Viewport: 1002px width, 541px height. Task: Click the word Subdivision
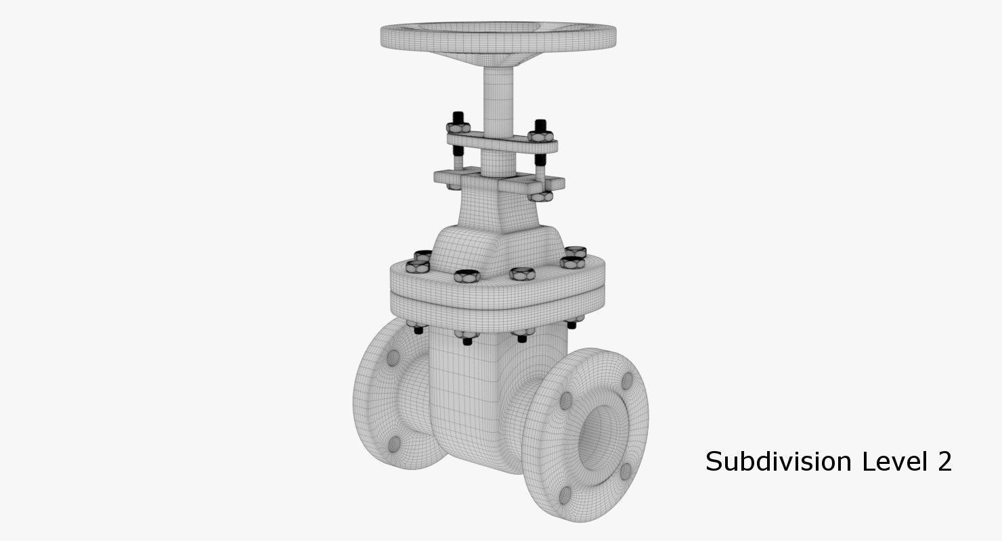(778, 462)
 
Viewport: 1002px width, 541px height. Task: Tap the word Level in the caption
(893, 462)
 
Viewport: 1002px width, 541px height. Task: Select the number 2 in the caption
(944, 462)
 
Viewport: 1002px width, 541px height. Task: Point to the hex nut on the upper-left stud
(458, 126)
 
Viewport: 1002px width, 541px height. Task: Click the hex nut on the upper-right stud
(540, 136)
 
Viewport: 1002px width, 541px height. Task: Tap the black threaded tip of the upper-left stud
(458, 116)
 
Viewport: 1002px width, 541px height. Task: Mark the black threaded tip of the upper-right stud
(540, 125)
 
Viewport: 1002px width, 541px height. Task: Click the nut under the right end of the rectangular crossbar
(541, 196)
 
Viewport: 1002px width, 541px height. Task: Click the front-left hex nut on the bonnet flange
(466, 275)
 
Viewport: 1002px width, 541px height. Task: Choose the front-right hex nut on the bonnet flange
(522, 273)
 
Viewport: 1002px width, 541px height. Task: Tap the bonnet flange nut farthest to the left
(417, 266)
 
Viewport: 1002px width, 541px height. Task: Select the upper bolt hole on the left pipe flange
(393, 358)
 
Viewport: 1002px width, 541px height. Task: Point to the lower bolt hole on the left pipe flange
(393, 444)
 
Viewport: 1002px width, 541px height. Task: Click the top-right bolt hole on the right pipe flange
(627, 382)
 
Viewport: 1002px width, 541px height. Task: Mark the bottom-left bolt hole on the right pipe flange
(564, 494)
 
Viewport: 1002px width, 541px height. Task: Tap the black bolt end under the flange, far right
(571, 325)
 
